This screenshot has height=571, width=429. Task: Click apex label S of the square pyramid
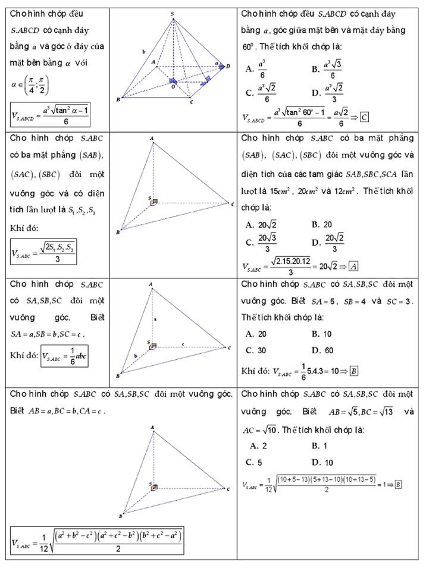(173, 12)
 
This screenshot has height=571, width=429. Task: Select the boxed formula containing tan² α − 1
(51, 115)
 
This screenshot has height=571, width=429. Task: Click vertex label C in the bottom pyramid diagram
(228, 489)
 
